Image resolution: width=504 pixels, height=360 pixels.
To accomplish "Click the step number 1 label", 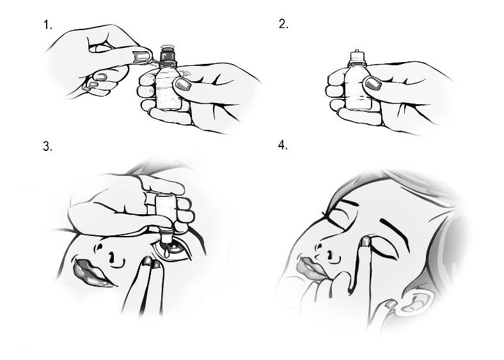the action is tap(47, 25).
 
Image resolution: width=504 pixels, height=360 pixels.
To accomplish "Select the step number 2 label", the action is tap(283, 24).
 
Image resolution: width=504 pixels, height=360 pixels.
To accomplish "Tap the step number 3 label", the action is tap(47, 146).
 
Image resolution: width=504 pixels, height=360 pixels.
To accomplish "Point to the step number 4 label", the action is tap(283, 145).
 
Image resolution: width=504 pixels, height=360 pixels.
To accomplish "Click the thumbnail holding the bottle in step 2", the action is tap(372, 83).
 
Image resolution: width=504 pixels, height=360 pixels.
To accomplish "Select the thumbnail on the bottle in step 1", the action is tap(182, 84).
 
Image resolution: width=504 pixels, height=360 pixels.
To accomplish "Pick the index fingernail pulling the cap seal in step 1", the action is tap(142, 57).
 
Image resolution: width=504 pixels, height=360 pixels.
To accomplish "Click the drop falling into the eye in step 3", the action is tap(166, 253).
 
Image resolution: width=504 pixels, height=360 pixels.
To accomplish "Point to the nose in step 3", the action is tap(107, 253).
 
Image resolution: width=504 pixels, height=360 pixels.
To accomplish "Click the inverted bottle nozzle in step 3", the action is tap(166, 236).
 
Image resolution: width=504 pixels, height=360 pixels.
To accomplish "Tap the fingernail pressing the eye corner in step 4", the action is tap(366, 241).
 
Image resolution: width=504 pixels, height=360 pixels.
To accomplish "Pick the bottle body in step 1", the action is tap(168, 87).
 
